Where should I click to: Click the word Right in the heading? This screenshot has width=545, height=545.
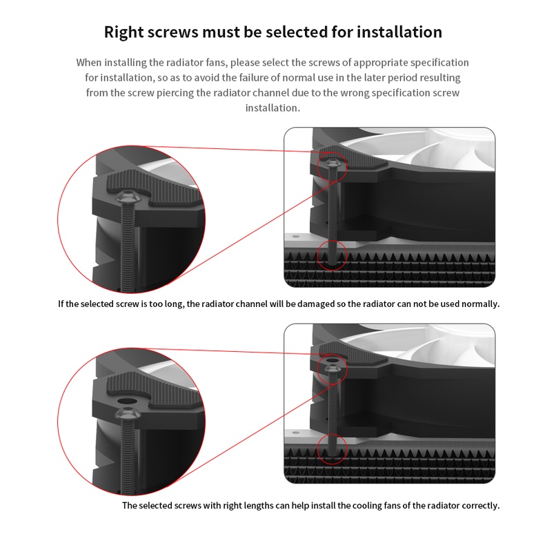pyautogui.click(x=123, y=32)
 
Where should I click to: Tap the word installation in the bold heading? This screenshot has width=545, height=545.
pyautogui.click(x=399, y=32)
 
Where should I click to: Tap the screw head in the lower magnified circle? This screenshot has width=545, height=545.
pyautogui.click(x=128, y=414)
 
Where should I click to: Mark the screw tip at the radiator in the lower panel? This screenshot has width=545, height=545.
pyautogui.click(x=332, y=453)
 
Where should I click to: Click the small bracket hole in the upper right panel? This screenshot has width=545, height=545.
pyautogui.click(x=296, y=237)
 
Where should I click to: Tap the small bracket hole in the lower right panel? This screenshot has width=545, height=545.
pyautogui.click(x=296, y=433)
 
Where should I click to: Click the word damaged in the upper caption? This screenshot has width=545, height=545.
pyautogui.click(x=315, y=304)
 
